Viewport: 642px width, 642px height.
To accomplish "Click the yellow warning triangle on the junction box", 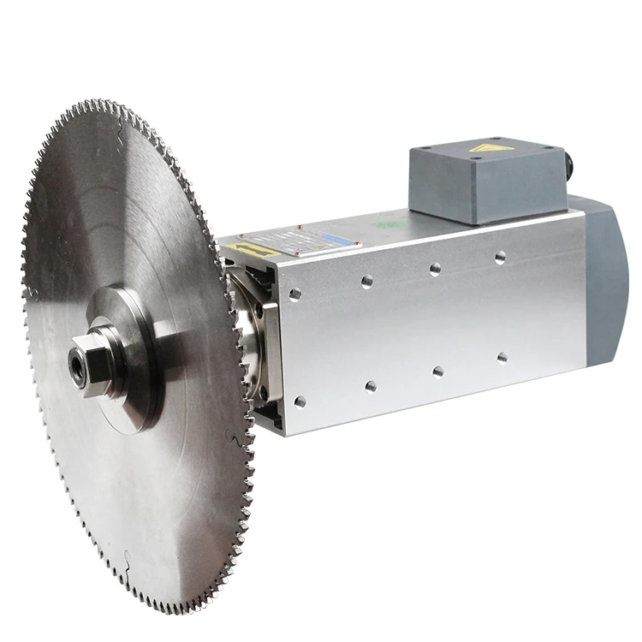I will [490, 148].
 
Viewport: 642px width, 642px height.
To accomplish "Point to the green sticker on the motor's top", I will [390, 224].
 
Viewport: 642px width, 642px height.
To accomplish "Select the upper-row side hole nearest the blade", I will [295, 294].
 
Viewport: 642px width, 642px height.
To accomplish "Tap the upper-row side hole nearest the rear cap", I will [500, 257].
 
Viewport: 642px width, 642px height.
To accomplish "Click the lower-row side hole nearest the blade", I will [300, 401].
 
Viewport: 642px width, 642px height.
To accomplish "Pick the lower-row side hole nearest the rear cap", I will [502, 358].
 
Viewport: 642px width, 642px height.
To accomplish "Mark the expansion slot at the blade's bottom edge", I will [128, 561].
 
